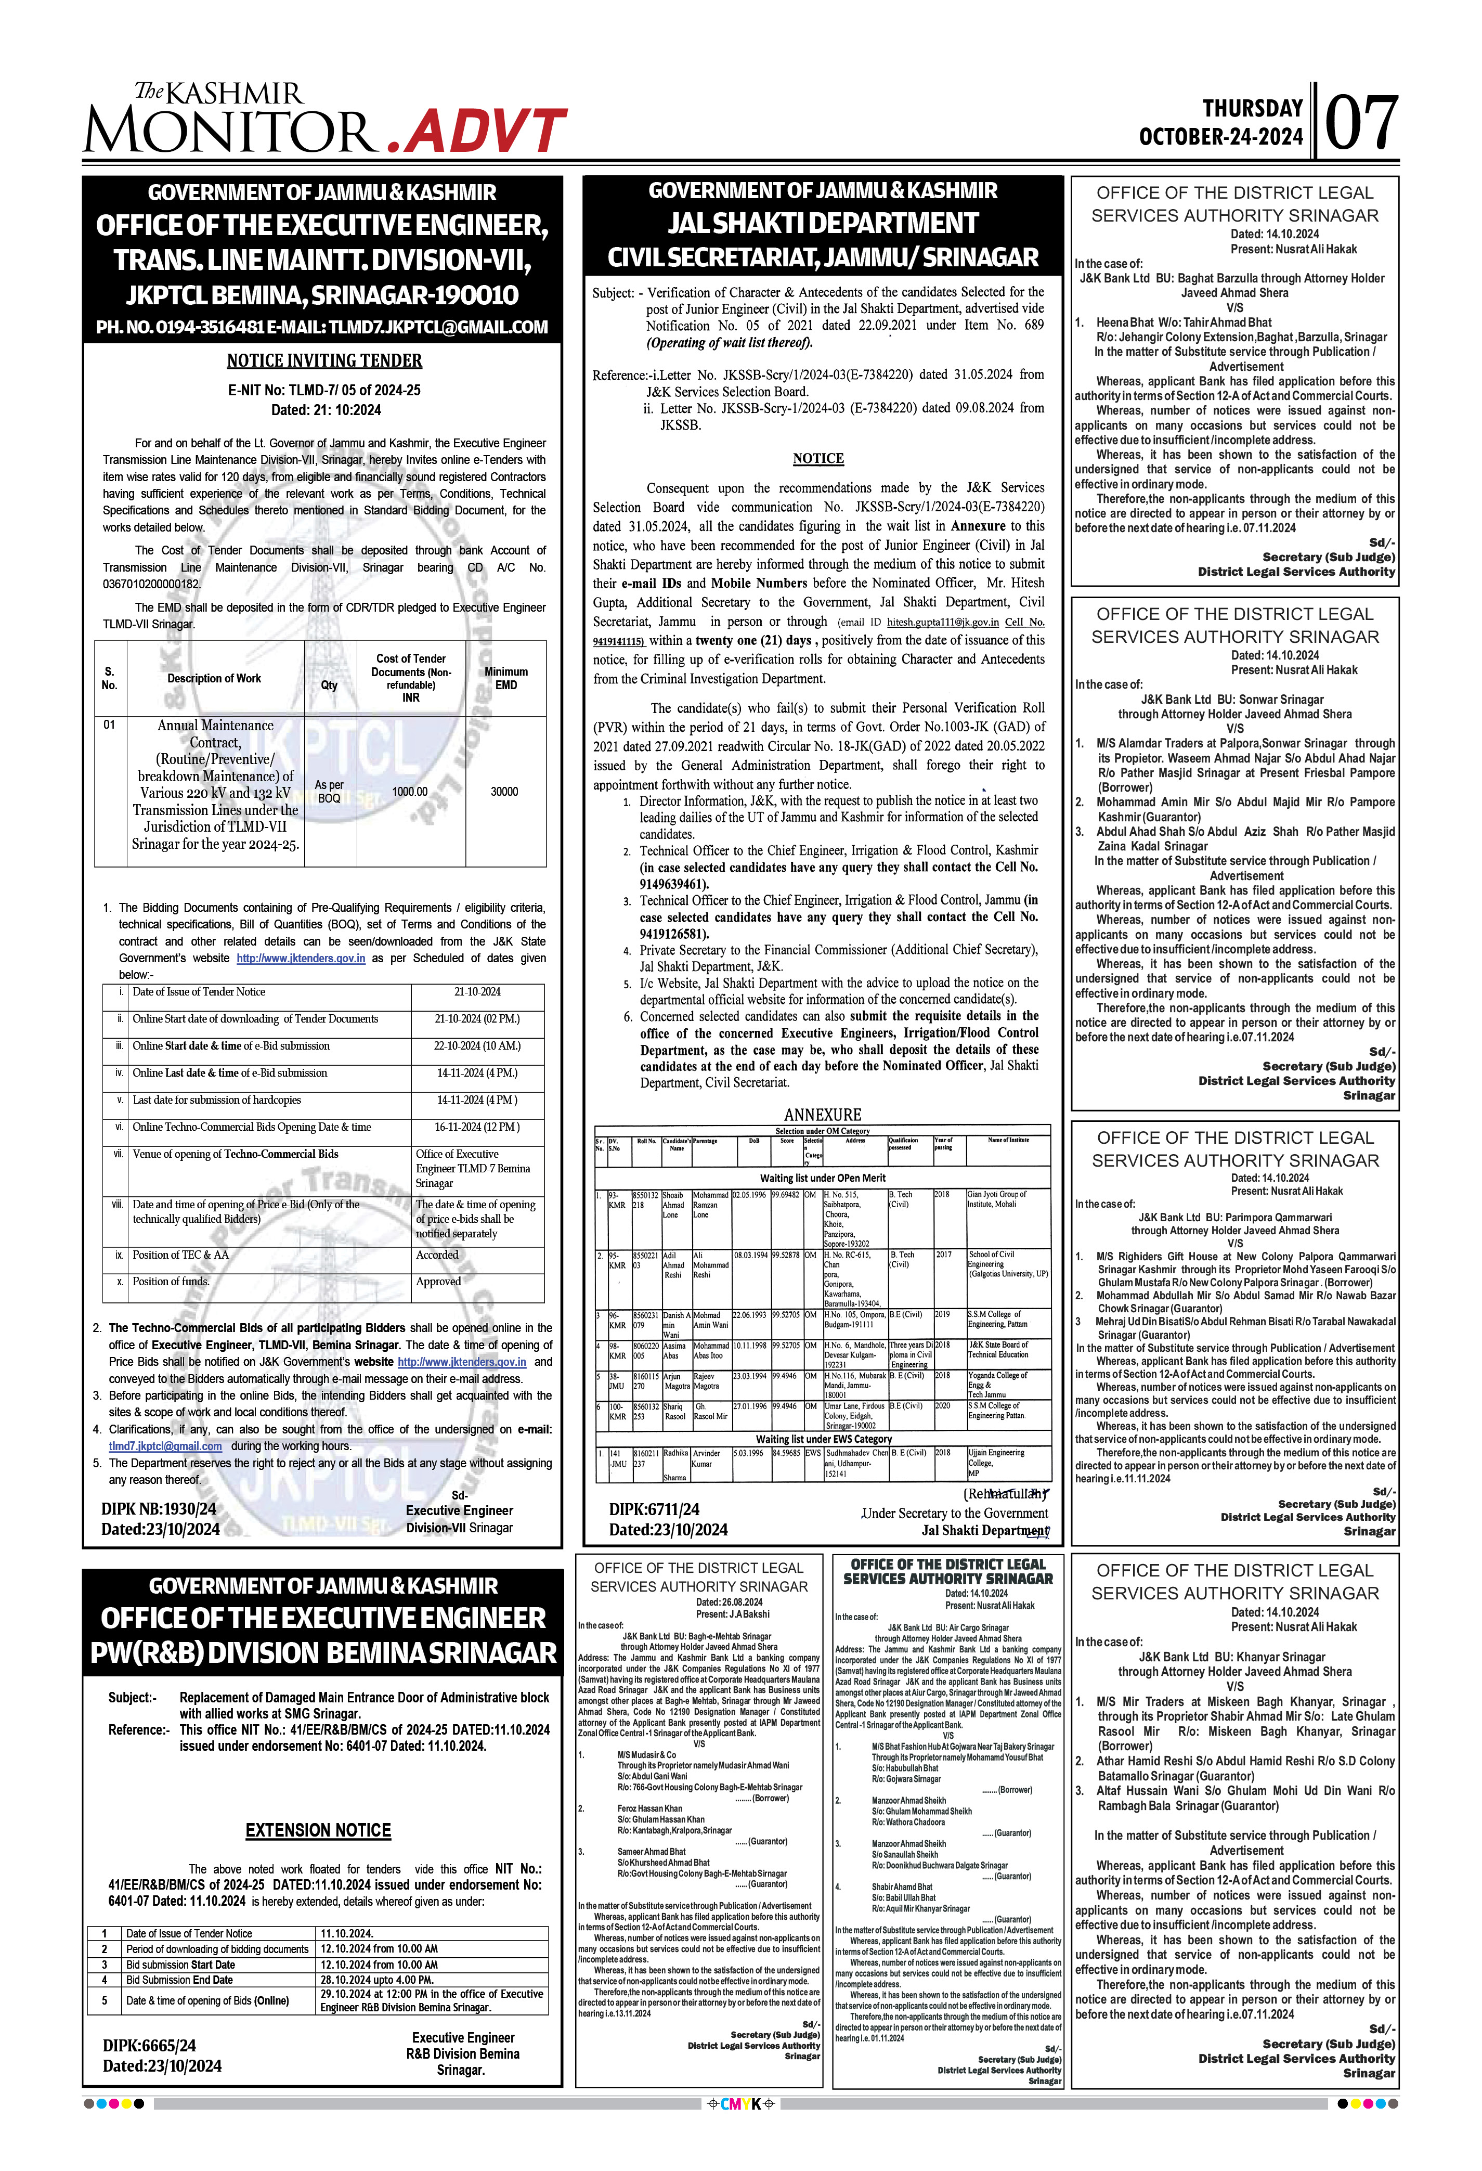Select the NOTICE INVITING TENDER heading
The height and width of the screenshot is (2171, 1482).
pyautogui.click(x=324, y=360)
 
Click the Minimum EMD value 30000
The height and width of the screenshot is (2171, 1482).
pyautogui.click(x=504, y=791)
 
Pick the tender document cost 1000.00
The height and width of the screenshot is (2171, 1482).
pyautogui.click(x=410, y=791)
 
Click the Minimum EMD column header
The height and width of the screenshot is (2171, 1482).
pyautogui.click(x=505, y=678)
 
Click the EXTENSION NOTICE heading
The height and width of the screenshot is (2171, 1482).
pyautogui.click(x=318, y=1830)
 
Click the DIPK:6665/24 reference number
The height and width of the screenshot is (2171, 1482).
pyautogui.click(x=149, y=2046)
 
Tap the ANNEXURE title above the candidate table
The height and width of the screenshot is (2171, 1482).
pyautogui.click(x=822, y=1115)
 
